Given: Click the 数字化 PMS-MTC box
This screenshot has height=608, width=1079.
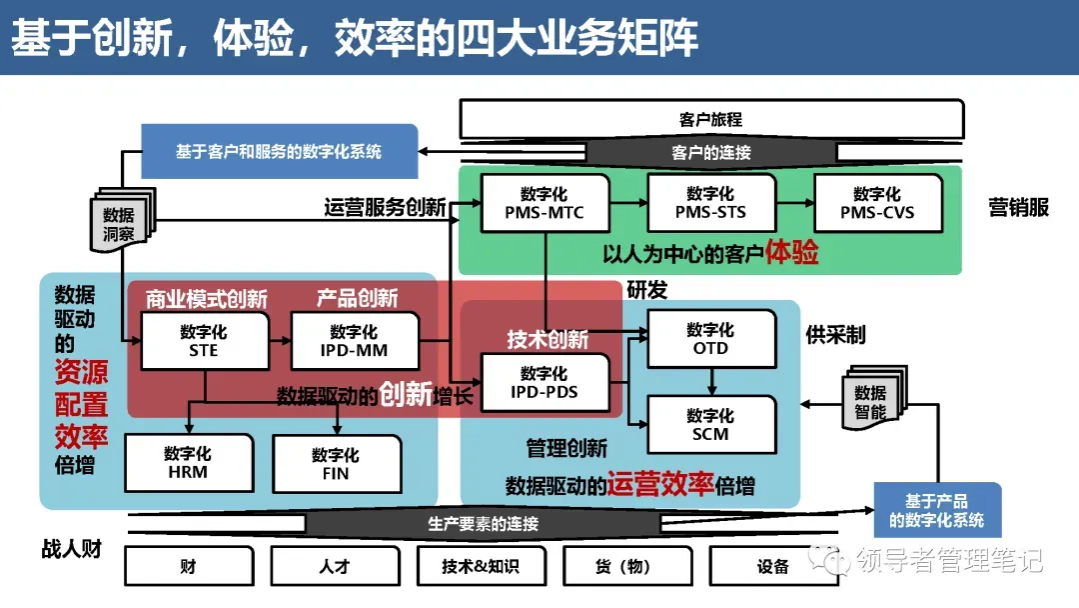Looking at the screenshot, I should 544,203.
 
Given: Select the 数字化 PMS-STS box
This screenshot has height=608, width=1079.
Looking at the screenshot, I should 710,203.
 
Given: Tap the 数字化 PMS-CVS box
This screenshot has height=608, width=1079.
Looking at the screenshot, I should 877,203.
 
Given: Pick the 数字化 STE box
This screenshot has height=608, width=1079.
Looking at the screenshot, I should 204,341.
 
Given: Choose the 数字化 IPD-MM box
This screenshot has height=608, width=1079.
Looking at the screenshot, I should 354,341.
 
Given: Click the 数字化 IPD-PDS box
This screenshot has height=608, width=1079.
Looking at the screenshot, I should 544,383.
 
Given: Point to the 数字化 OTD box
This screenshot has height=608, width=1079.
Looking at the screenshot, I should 711,339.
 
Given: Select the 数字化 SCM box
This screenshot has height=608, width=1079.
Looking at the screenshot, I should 711,425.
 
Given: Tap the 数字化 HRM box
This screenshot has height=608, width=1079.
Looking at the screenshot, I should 188,463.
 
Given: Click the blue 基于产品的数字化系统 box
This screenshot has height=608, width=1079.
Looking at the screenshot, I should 937,510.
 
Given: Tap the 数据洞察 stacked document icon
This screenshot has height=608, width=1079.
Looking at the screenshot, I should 120,221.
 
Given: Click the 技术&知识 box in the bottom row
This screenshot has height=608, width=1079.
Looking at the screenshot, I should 481,567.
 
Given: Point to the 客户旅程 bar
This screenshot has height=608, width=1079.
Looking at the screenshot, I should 710,119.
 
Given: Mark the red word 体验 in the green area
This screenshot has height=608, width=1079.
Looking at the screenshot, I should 792,253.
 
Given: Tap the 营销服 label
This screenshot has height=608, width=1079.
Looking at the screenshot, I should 1019,207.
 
